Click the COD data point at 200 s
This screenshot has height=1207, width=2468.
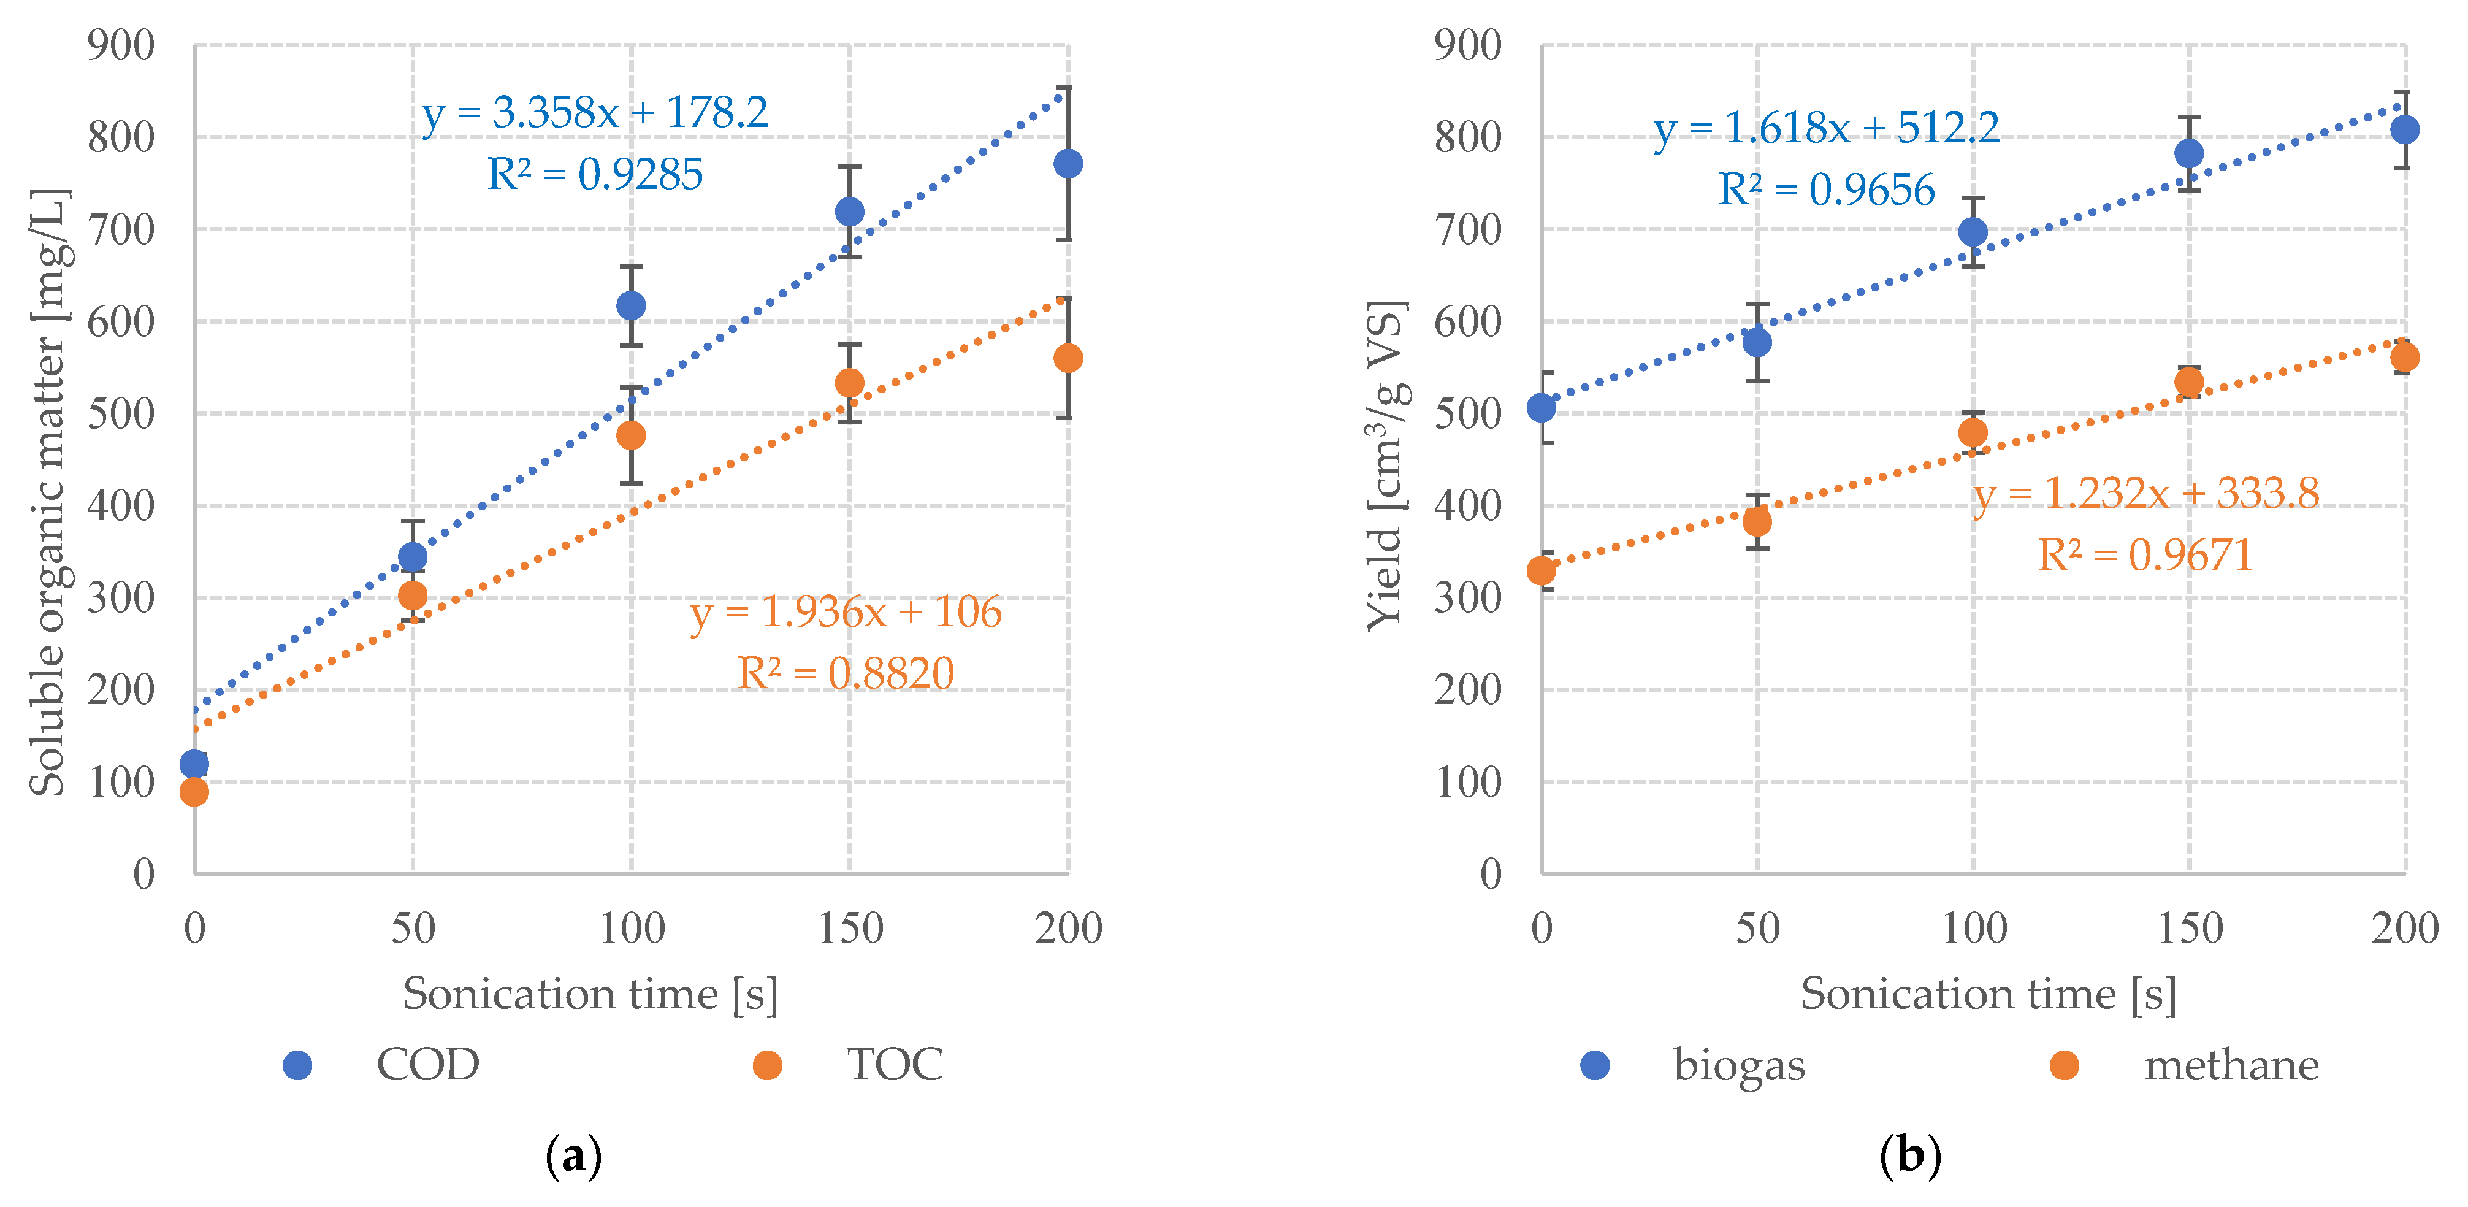(x=1068, y=164)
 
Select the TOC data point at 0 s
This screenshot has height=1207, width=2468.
(x=194, y=791)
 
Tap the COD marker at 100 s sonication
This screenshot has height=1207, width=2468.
(x=632, y=305)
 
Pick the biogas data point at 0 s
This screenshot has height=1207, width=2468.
(x=1542, y=408)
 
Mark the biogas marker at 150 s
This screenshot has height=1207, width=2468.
(x=2189, y=153)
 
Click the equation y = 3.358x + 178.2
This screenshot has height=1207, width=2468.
(x=594, y=113)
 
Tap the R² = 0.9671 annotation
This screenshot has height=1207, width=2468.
(x=2144, y=554)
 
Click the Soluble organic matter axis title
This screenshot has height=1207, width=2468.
(x=48, y=491)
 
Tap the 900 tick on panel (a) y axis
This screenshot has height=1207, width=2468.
(x=121, y=45)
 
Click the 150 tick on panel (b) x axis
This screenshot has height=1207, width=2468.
(x=2189, y=927)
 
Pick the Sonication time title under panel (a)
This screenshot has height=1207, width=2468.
(x=590, y=994)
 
